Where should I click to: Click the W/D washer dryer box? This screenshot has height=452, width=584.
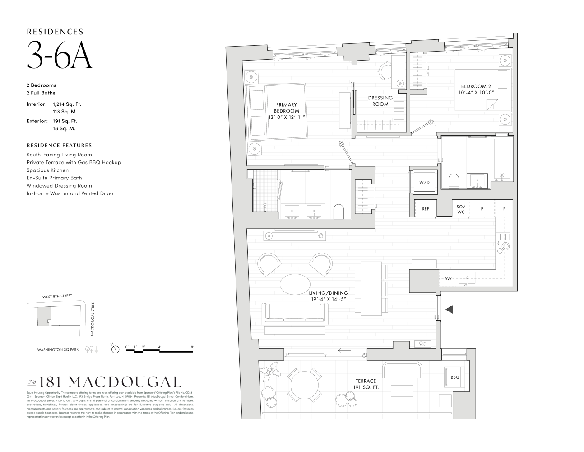coord(424,183)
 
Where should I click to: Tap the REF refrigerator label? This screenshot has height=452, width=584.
coord(425,209)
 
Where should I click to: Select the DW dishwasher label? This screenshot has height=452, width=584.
coord(447,278)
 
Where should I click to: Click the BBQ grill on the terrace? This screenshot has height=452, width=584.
coord(454,377)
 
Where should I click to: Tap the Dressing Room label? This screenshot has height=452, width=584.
coord(380,101)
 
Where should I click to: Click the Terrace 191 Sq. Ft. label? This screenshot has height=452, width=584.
coord(365,384)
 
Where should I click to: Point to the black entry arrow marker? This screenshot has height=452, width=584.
coord(449,309)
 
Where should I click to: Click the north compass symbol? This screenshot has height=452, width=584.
coord(116,349)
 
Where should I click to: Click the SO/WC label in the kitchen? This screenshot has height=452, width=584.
coord(461,209)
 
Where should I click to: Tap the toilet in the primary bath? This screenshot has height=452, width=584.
coord(338,211)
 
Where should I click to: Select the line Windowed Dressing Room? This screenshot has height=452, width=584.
coord(59,185)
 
